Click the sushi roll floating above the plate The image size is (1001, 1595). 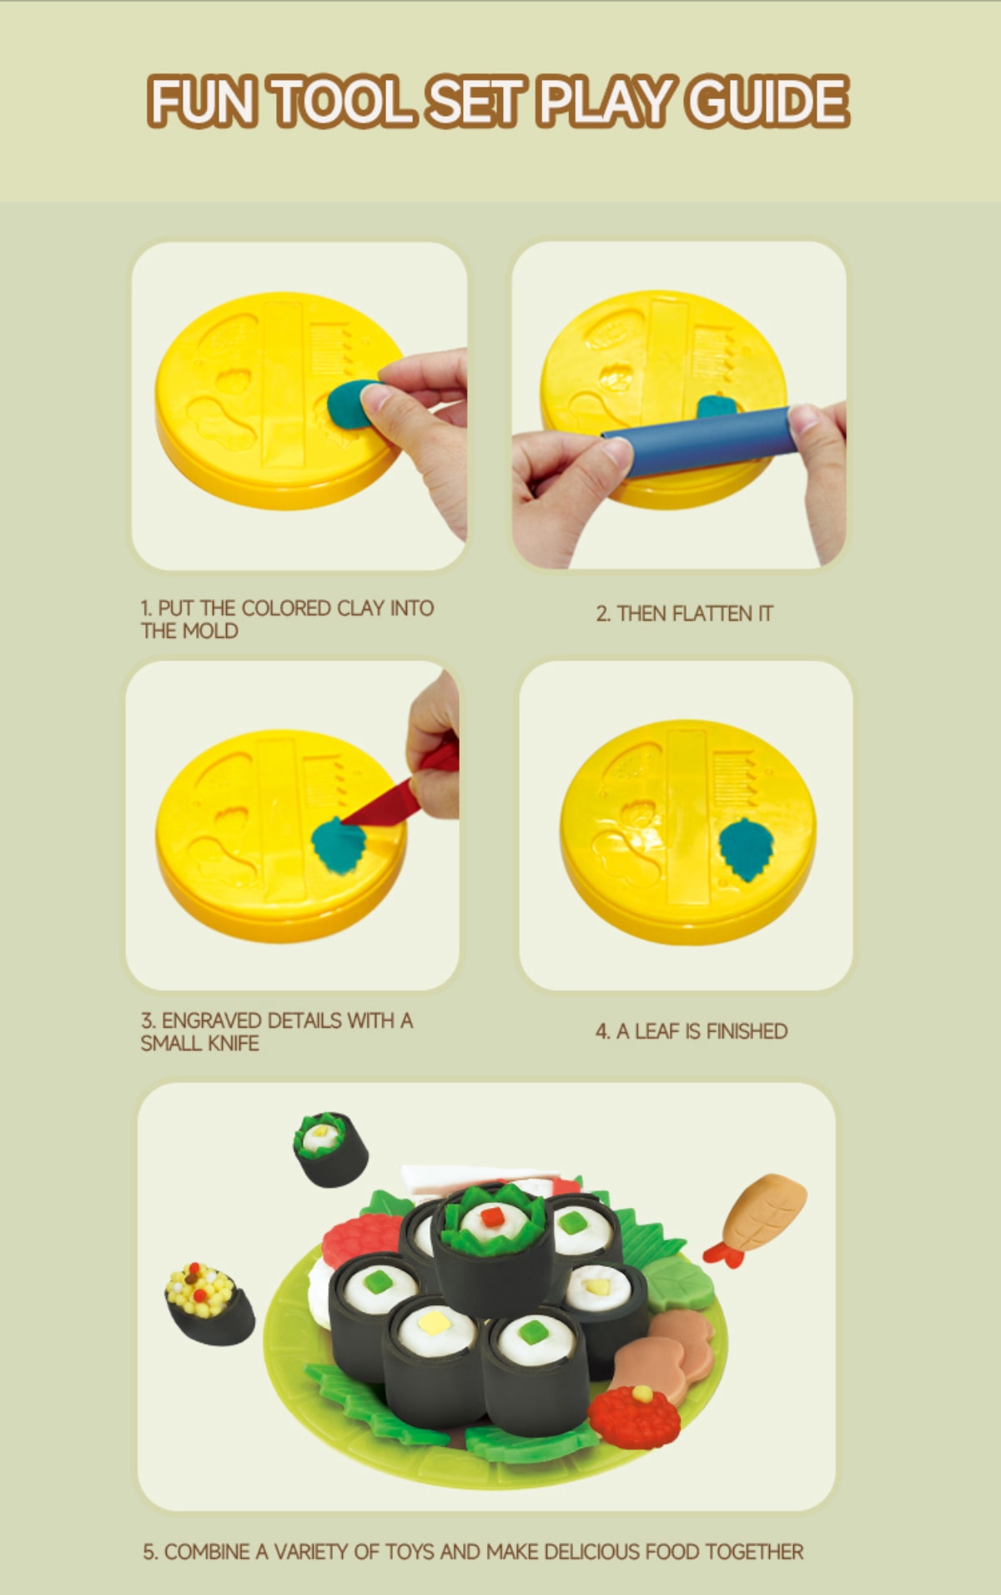330,1149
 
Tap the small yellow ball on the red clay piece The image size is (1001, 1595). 642,1392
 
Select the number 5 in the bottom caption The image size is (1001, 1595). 148,1552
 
